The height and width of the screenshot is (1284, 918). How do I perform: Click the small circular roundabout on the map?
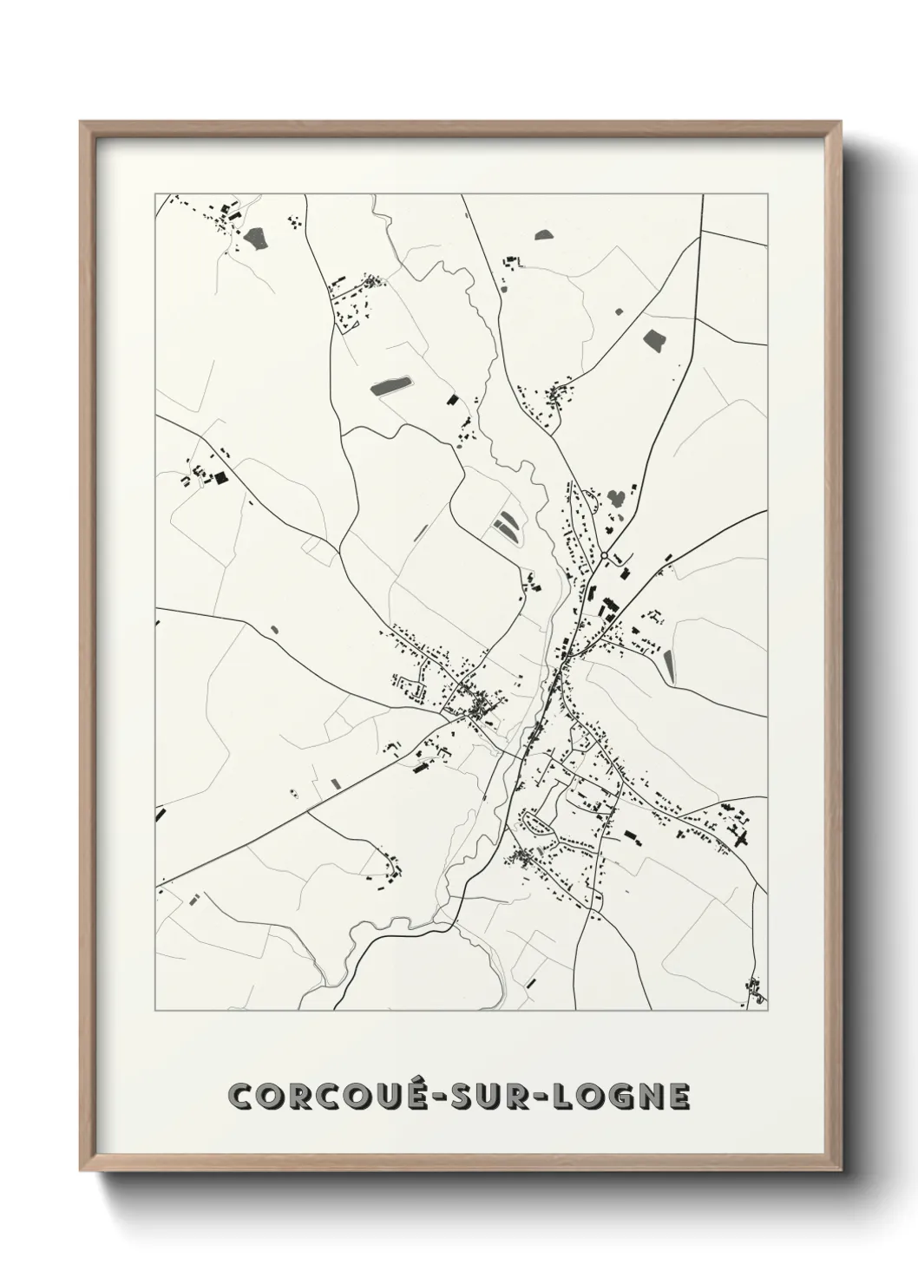[x=603, y=555]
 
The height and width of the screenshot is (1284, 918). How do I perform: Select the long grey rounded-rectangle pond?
[x=392, y=385]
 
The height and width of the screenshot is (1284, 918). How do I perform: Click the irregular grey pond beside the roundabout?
[x=617, y=499]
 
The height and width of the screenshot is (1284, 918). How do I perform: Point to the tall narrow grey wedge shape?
[x=669, y=665]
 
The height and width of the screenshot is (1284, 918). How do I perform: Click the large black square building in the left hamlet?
[x=220, y=476]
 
